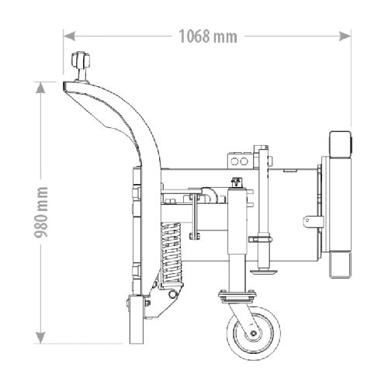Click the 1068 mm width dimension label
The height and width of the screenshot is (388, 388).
pos(208,36)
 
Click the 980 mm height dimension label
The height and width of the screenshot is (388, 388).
pos(41,212)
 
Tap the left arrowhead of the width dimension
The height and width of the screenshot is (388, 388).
pos(69,36)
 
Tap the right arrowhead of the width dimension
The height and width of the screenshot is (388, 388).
pos(345,36)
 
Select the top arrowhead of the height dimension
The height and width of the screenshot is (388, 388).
pos(40,88)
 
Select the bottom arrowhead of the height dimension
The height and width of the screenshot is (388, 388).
pos(40,338)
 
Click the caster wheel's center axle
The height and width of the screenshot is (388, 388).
pos(253,333)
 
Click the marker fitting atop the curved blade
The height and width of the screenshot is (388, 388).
pos(81,66)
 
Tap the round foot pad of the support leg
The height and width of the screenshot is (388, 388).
pos(264,272)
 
